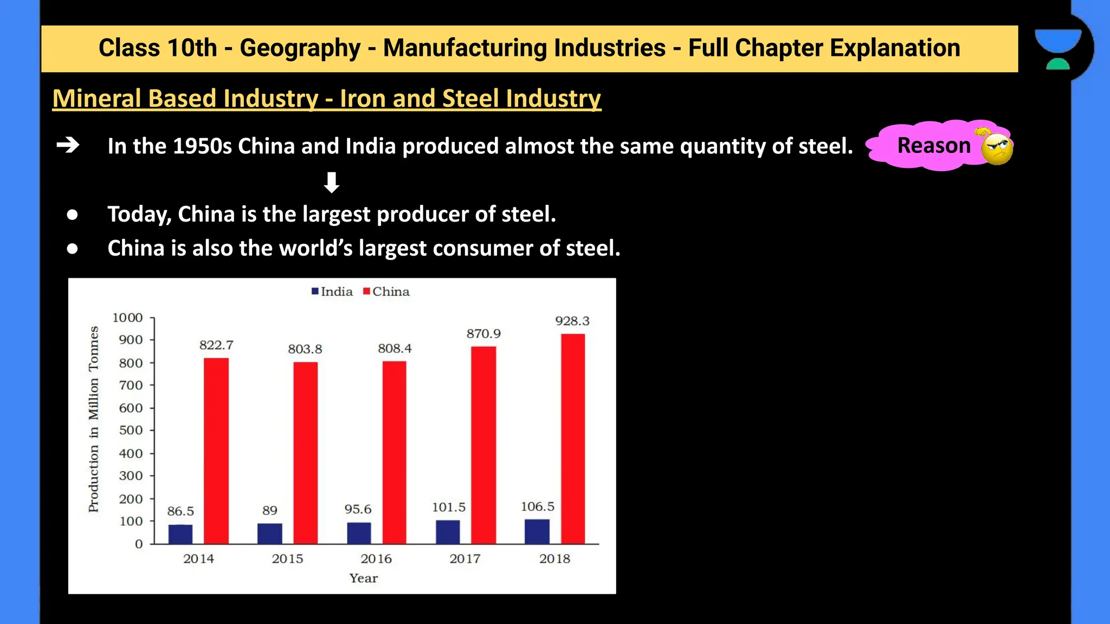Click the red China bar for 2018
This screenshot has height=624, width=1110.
pyautogui.click(x=572, y=439)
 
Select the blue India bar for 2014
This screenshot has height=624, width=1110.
pyautogui.click(x=180, y=534)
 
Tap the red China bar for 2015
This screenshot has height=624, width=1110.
pyautogui.click(x=305, y=453)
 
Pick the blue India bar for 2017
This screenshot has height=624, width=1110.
pyautogui.click(x=448, y=532)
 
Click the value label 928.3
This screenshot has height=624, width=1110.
pyautogui.click(x=572, y=321)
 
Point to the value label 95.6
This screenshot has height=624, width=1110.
pyautogui.click(x=358, y=509)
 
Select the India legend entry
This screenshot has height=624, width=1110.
pyautogui.click(x=332, y=291)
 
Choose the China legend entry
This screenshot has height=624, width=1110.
pyautogui.click(x=386, y=291)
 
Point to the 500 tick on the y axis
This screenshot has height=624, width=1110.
pyautogui.click(x=131, y=430)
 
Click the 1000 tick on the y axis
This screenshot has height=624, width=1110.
pyautogui.click(x=127, y=317)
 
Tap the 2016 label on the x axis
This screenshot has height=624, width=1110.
pyautogui.click(x=376, y=558)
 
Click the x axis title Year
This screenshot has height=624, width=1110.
pyautogui.click(x=363, y=578)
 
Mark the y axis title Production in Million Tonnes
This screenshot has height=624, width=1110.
pyautogui.click(x=94, y=419)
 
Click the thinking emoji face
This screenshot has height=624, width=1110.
pyautogui.click(x=996, y=148)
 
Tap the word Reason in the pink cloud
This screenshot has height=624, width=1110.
pyautogui.click(x=933, y=145)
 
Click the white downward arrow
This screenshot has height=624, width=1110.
pyautogui.click(x=331, y=183)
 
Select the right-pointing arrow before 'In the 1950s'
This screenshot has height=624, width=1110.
pyautogui.click(x=68, y=145)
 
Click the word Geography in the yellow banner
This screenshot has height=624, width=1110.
pyautogui.click(x=300, y=48)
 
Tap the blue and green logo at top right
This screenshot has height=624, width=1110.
pyautogui.click(x=1057, y=49)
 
